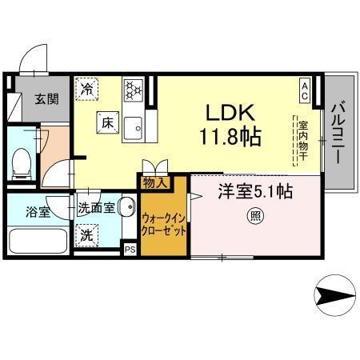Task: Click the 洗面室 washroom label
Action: pos(95,208)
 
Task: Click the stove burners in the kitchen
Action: pos(132,86)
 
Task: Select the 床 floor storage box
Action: pos(109,123)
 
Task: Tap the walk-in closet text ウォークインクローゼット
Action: pos(164,223)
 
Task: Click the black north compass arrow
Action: pos(336,298)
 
